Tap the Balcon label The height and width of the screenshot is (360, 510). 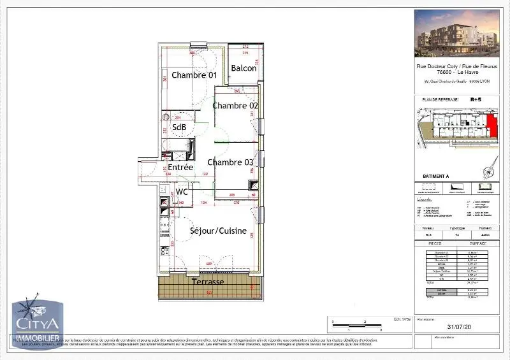[x=244, y=68]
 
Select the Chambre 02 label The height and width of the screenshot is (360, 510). [x=235, y=105]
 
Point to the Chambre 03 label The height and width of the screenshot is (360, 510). [x=230, y=162]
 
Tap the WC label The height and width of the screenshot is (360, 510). [x=182, y=191]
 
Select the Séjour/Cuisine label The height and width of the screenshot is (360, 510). [x=218, y=231]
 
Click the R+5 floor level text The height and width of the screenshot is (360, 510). [x=476, y=99]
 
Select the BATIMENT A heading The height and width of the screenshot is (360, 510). [x=436, y=175]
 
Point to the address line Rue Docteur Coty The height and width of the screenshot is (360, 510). [x=456, y=66]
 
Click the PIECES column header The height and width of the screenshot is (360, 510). [x=435, y=243]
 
